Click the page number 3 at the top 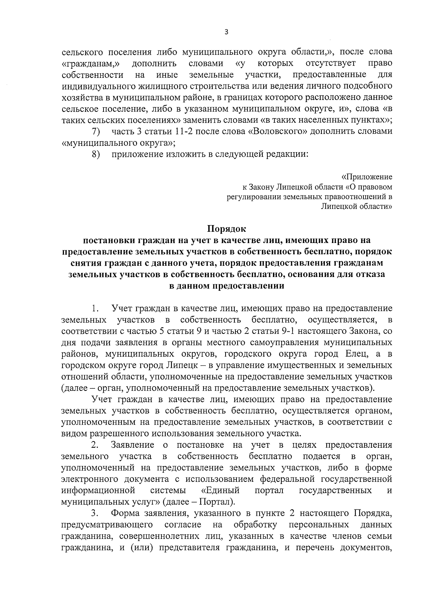pos(226,32)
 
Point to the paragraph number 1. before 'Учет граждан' pos(94,309)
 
